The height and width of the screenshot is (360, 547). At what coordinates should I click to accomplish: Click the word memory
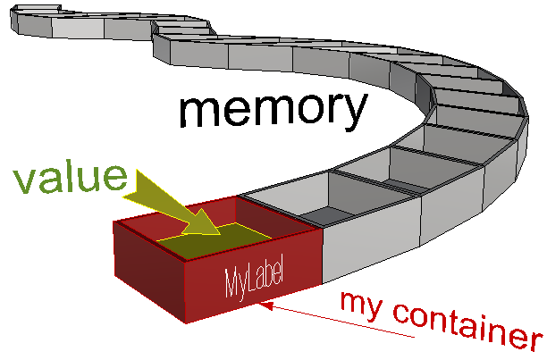coord(273,110)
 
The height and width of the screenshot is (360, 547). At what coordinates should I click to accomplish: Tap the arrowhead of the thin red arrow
coord(261,304)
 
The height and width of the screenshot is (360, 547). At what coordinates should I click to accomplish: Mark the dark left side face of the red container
coord(147,268)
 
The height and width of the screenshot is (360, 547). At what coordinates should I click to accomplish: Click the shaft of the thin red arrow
coord(340,320)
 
